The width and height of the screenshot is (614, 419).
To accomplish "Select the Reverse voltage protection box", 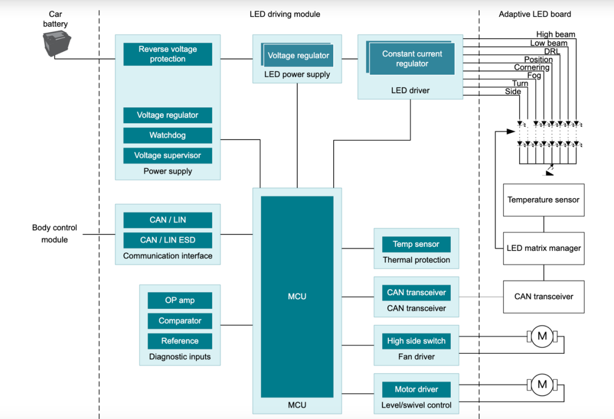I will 168,54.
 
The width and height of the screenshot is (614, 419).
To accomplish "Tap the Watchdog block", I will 168,135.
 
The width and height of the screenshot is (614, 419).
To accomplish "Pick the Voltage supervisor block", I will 168,156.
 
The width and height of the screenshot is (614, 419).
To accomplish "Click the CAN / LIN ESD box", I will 168,240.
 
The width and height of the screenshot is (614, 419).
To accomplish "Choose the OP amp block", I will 180,300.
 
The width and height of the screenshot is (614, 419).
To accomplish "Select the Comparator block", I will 180,321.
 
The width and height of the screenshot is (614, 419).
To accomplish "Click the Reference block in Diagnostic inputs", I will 180,341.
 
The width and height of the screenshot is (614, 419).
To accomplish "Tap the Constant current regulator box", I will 412,59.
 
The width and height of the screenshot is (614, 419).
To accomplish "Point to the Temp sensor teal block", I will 416,244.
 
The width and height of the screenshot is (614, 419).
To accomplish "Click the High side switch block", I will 416,341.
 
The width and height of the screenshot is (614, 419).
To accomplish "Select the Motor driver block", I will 416,389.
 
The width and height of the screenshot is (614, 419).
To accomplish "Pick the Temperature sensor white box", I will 544,200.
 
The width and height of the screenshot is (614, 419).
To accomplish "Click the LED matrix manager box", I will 544,248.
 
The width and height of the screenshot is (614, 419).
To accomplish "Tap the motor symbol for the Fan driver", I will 542,336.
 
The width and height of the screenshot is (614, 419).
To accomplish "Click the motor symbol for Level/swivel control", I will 542,384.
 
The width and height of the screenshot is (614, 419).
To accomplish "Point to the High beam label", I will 555,35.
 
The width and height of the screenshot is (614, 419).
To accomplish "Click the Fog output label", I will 534,76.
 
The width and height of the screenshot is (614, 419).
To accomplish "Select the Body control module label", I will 55,233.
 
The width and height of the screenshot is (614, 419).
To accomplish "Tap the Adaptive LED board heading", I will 535,14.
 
